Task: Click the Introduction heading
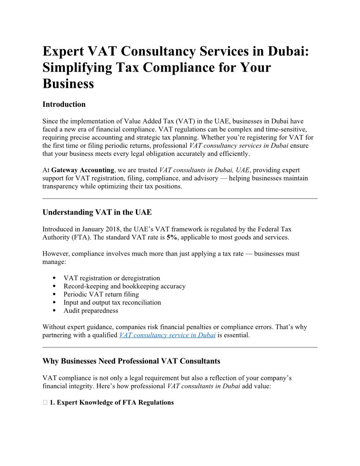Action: tap(64, 105)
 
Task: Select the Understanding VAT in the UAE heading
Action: tap(97, 212)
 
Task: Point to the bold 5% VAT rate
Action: tap(172, 237)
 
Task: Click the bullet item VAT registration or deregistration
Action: tap(112, 278)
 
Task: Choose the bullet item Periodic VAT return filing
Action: tap(101, 294)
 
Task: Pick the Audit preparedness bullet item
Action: tap(91, 310)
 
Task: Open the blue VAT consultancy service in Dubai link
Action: tap(168, 335)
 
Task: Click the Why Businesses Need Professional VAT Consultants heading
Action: tap(131, 361)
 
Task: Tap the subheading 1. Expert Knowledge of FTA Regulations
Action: tap(112, 402)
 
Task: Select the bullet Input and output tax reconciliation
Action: tap(112, 302)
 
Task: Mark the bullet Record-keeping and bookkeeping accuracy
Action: tap(124, 286)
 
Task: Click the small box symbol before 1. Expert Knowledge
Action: tap(45, 402)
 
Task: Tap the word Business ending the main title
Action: tap(68, 83)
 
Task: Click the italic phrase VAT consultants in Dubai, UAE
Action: tap(204, 170)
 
